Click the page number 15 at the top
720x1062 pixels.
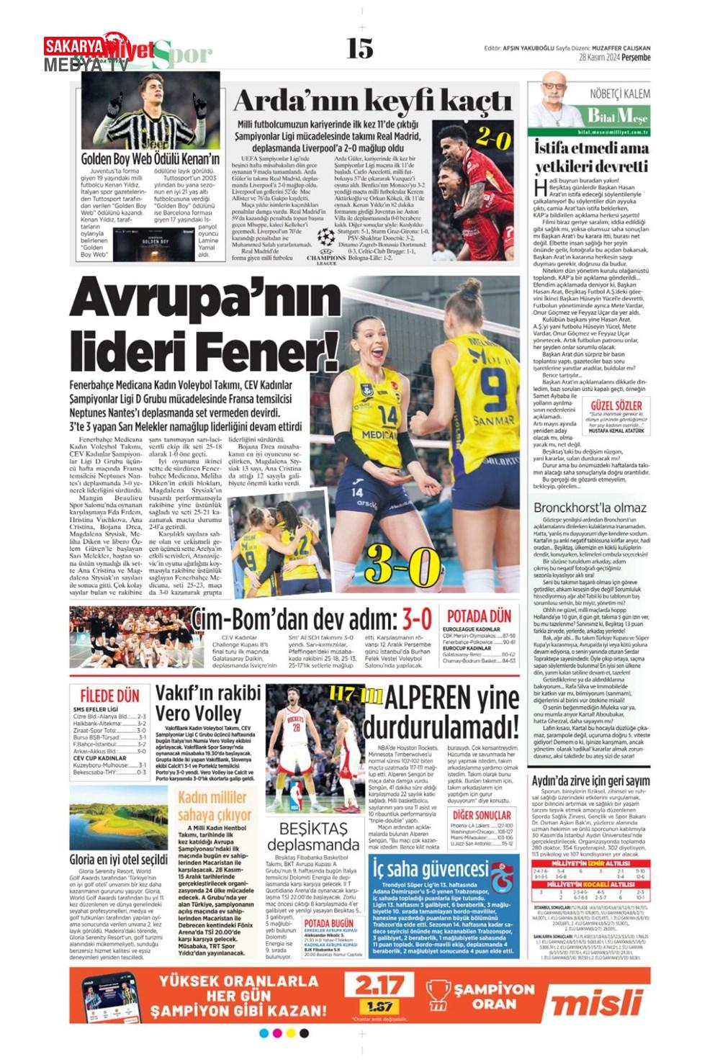(359, 48)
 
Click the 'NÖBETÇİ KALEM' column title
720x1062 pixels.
(619, 94)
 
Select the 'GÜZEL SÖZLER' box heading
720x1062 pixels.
(616, 406)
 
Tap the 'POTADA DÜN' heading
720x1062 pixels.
(479, 616)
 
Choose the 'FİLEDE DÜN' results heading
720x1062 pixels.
(109, 696)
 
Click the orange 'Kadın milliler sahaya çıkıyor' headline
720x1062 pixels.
(215, 806)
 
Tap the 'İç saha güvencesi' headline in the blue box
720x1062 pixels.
(431, 869)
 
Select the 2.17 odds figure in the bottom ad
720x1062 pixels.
(379, 986)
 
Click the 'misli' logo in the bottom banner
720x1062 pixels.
(597, 1002)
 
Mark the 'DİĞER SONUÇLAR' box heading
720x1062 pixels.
(482, 815)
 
